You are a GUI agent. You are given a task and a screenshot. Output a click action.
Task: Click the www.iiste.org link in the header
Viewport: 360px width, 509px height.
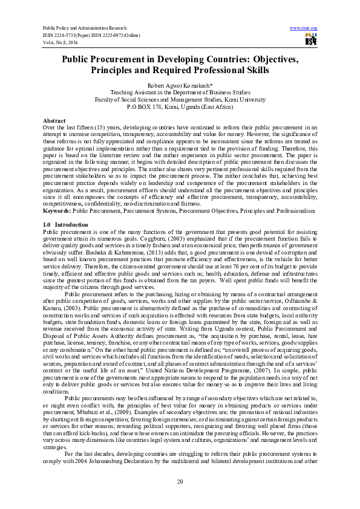[304, 28]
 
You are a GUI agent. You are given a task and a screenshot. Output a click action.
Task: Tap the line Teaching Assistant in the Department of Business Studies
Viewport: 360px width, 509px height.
[180, 93]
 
